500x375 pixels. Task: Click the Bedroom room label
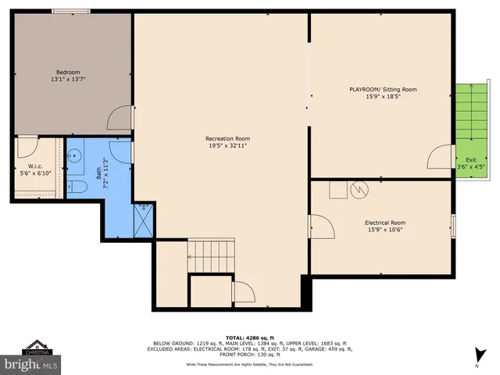(x=68, y=73)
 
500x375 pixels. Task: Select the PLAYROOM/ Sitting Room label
(x=382, y=90)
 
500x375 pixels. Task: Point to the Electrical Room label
(x=385, y=223)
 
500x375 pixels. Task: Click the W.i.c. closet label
(x=35, y=166)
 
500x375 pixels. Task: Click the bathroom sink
(x=74, y=155)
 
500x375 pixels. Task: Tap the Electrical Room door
(x=323, y=227)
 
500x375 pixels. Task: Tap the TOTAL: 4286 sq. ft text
(x=249, y=336)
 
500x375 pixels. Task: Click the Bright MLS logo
(x=31, y=363)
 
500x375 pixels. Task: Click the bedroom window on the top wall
(x=71, y=10)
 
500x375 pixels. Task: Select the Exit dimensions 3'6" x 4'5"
(x=470, y=166)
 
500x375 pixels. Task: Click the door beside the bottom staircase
(x=243, y=292)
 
